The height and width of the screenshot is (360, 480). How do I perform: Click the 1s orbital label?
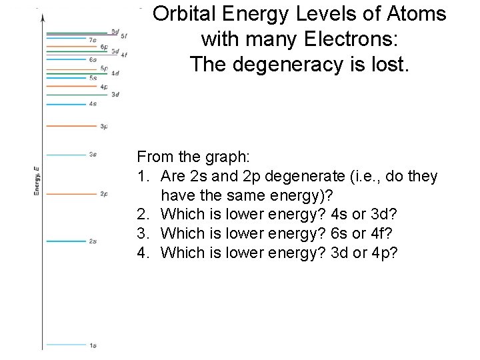point(93,345)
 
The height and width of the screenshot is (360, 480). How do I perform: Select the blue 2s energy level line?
point(67,241)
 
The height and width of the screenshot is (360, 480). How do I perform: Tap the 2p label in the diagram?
point(104,194)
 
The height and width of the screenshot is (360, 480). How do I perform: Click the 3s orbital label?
point(93,155)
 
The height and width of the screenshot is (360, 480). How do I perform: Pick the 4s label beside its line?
point(93,104)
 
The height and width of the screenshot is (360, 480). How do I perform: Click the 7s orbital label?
point(93,41)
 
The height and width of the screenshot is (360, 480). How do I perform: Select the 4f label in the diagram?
point(124,55)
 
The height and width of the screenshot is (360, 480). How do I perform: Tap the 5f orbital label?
point(124,35)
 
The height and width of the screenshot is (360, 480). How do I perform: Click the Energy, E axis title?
point(37,181)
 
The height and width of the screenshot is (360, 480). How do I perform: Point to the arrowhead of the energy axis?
point(43,17)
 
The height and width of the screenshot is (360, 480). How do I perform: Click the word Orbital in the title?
point(187,14)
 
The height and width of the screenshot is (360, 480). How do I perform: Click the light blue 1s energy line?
point(67,345)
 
